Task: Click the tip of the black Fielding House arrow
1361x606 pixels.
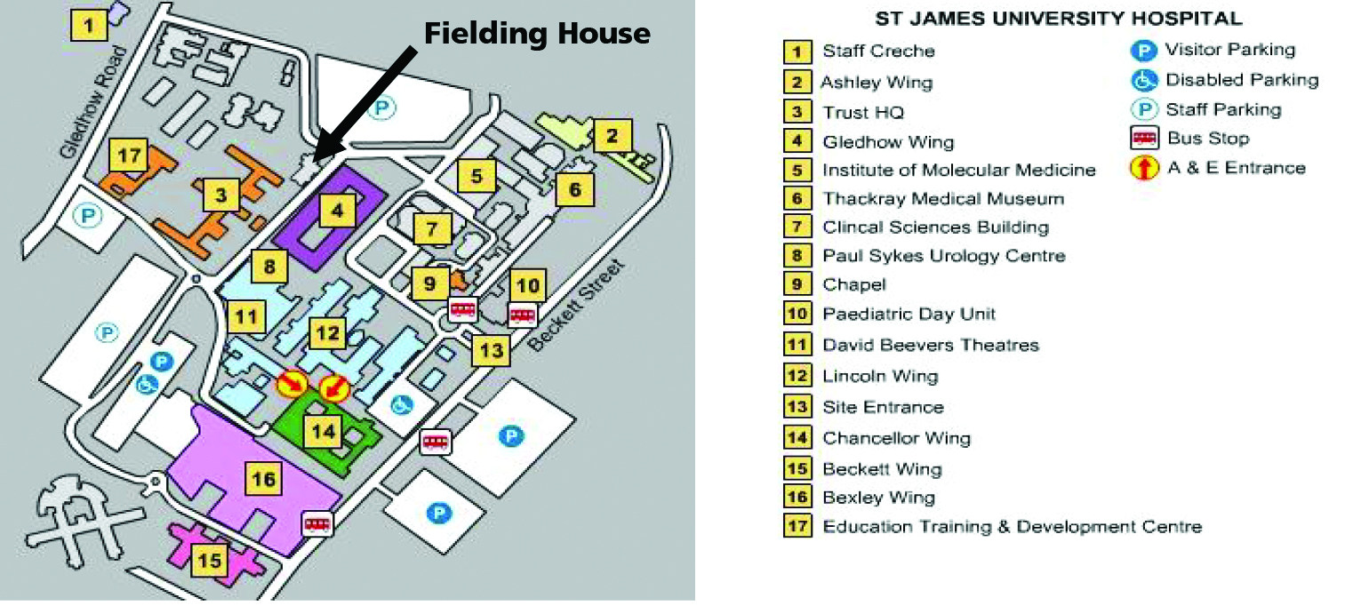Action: [x=316, y=160]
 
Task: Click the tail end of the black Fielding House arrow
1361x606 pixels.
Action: [x=415, y=50]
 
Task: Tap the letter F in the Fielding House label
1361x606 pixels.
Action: [x=433, y=33]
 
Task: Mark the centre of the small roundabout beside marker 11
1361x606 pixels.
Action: [x=196, y=279]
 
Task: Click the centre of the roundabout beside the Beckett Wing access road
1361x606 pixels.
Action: [x=155, y=482]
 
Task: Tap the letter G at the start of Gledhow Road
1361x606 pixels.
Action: [x=68, y=149]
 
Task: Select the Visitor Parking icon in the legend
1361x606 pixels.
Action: [x=1143, y=51]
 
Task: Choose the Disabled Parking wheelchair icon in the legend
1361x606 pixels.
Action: [x=1143, y=80]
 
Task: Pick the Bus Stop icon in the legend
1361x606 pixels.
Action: [x=1144, y=139]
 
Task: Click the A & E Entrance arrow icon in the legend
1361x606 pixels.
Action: [x=1144, y=168]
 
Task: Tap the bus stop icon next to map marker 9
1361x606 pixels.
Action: [x=463, y=310]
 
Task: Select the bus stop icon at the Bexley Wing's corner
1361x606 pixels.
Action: [x=317, y=524]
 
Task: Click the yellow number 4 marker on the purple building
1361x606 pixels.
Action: [x=337, y=211]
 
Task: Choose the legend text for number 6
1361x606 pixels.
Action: [x=943, y=198]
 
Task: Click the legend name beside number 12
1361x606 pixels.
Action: [x=880, y=376]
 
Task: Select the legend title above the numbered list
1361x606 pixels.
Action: [x=1059, y=19]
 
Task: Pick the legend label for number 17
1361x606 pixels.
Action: [x=1013, y=526]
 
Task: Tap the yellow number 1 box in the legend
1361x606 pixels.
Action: [x=797, y=52]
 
